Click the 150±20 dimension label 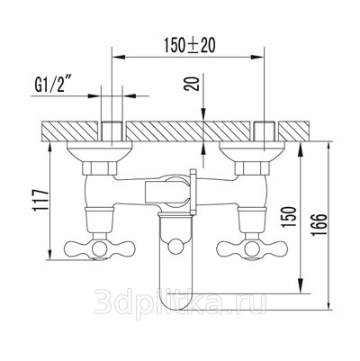pos(189,45)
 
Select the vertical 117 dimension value pos(41,200)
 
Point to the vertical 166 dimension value pos(319,225)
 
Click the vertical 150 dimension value pos(290,216)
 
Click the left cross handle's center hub pos(100,248)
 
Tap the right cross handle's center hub pos(252,248)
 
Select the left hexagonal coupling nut pos(100,168)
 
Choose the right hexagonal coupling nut pos(252,168)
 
